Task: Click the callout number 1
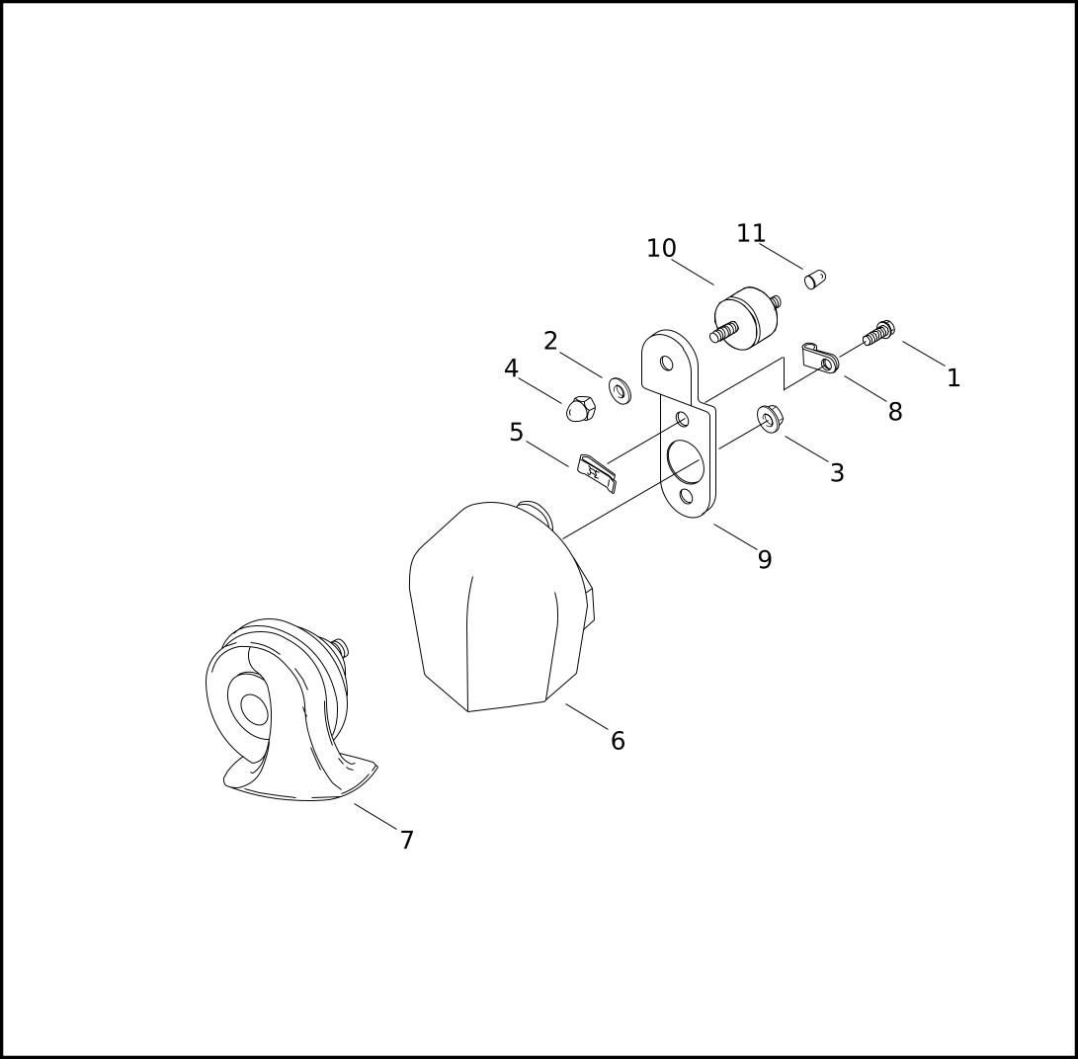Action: pyautogui.click(x=953, y=378)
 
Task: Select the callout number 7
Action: pyautogui.click(x=407, y=840)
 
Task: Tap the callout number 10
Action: pyautogui.click(x=661, y=248)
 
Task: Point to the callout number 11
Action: pyautogui.click(x=751, y=233)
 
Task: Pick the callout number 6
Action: pyautogui.click(x=618, y=741)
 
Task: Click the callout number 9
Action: pyautogui.click(x=765, y=559)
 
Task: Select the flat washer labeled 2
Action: pyautogui.click(x=621, y=390)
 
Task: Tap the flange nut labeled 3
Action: pyautogui.click(x=770, y=419)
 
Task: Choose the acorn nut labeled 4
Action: pyautogui.click(x=582, y=409)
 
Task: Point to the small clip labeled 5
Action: pyautogui.click(x=596, y=473)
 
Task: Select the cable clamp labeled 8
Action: pyautogui.click(x=821, y=358)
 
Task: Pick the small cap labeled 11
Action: pyautogui.click(x=815, y=280)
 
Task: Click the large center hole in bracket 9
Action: pyautogui.click(x=686, y=461)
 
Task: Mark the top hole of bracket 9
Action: pyautogui.click(x=666, y=363)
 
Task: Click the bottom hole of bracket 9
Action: pyautogui.click(x=686, y=496)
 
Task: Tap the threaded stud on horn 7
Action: pyautogui.click(x=340, y=647)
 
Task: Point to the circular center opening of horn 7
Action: pyautogui.click(x=254, y=709)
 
